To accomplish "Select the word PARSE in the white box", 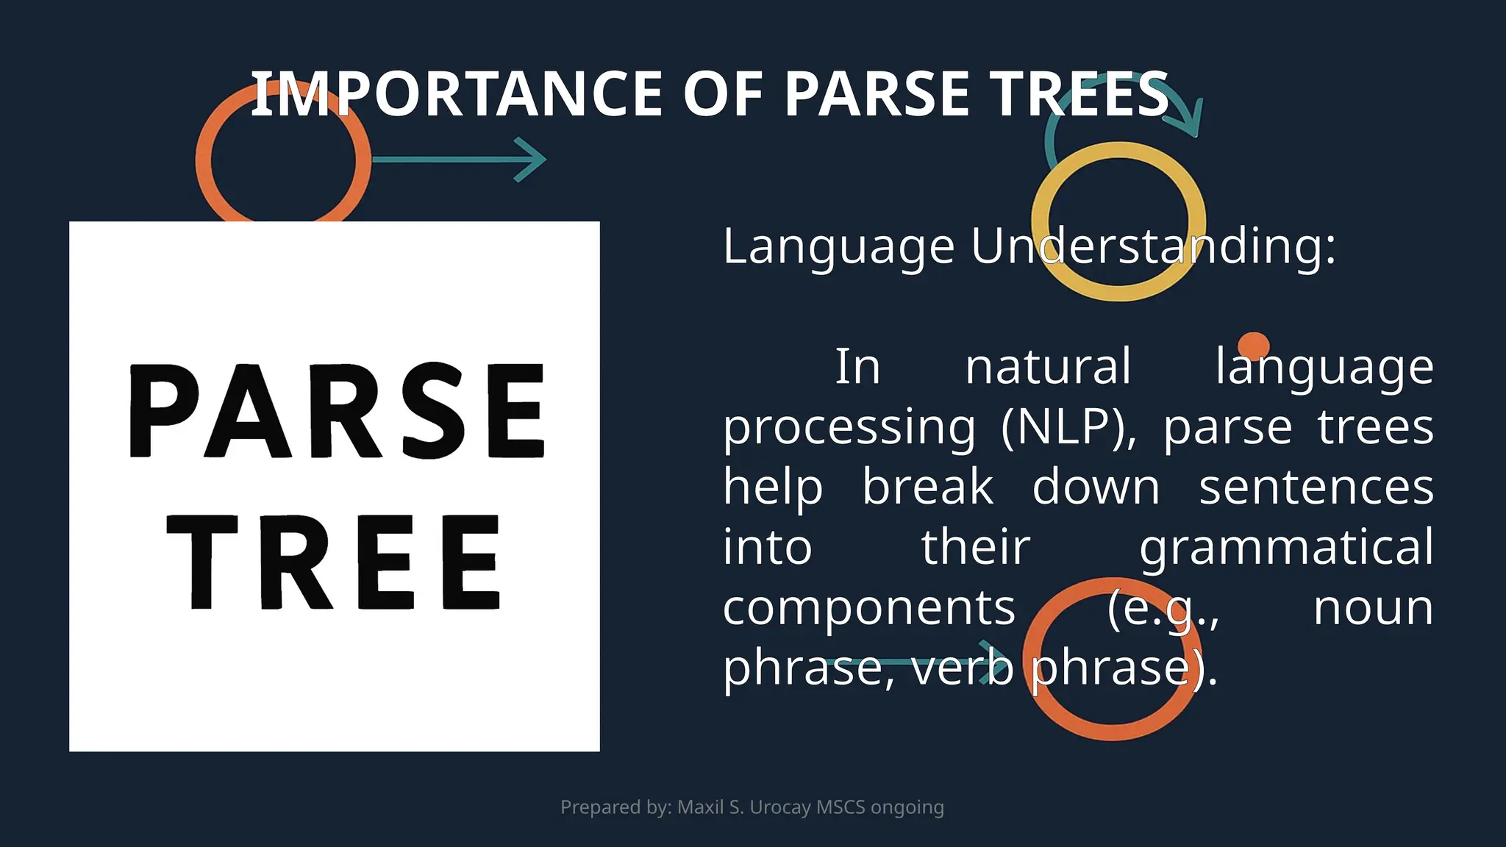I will (x=338, y=410).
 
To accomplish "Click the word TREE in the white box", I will (x=335, y=562).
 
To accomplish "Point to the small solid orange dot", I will (x=1253, y=346).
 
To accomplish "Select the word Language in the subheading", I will (x=838, y=247).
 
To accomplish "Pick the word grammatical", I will (x=1286, y=548).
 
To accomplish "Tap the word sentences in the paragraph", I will (x=1316, y=487).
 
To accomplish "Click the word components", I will (x=868, y=609).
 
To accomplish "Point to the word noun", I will (x=1373, y=609).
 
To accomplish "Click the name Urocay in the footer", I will (x=779, y=807).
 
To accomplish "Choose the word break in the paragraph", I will (x=927, y=487).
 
